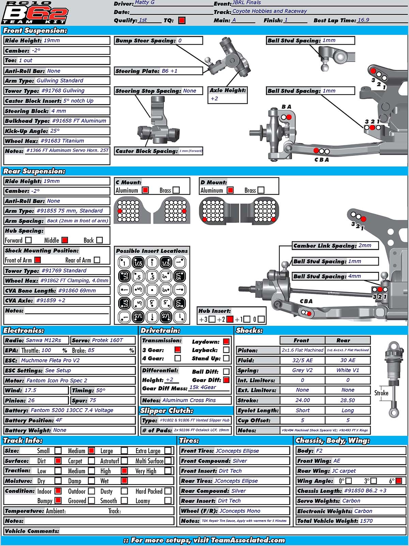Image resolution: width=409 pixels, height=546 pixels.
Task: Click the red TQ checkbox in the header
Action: (x=182, y=20)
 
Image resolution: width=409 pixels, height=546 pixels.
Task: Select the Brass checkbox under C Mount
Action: (x=176, y=190)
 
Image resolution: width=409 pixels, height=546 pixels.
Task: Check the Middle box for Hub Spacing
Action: (x=65, y=240)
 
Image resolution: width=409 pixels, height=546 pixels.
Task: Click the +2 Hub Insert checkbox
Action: (x=230, y=319)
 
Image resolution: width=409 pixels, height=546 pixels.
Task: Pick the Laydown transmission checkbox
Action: (x=226, y=341)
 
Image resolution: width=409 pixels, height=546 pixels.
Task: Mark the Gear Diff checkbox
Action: (x=226, y=380)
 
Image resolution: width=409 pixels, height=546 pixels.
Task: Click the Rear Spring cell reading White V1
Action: (x=348, y=370)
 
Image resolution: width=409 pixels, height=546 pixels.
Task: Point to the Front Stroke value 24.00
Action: (x=302, y=400)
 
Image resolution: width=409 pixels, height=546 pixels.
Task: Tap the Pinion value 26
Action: (x=31, y=400)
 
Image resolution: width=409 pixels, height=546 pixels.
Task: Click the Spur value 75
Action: (x=93, y=400)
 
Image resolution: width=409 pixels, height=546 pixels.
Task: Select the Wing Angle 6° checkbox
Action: (x=399, y=481)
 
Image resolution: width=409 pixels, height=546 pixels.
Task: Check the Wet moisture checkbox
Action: (x=124, y=481)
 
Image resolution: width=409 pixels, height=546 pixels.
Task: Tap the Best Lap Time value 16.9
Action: (x=363, y=20)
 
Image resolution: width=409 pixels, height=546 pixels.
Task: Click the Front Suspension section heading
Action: (x=35, y=31)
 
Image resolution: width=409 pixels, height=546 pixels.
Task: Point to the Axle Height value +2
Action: (x=214, y=99)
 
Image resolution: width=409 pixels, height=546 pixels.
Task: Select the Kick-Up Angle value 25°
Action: (x=55, y=131)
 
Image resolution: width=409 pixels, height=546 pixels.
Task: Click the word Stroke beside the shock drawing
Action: (x=381, y=393)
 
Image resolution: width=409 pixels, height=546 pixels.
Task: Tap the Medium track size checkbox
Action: (x=91, y=451)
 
